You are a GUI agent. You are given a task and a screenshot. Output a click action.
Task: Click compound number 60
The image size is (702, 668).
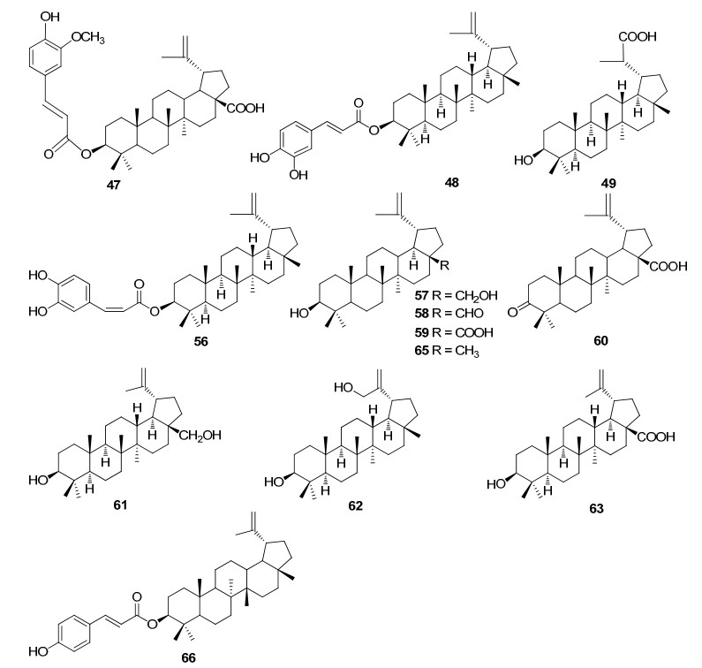[x=600, y=340]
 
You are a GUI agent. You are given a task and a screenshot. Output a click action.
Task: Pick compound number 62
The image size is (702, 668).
[x=355, y=505]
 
